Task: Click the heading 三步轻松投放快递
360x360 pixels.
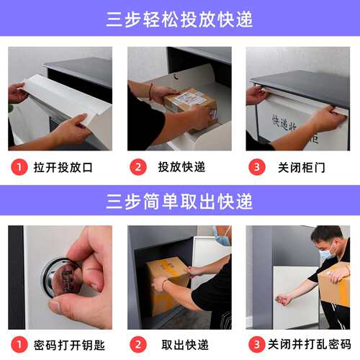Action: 179,19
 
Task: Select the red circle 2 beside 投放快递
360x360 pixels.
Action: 138,167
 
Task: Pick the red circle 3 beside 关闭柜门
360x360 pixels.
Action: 256,167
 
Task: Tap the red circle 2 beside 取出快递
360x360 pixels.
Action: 138,344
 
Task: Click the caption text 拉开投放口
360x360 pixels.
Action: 63,167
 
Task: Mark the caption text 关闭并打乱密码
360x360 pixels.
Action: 308,344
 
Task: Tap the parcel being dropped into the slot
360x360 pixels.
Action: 189,101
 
